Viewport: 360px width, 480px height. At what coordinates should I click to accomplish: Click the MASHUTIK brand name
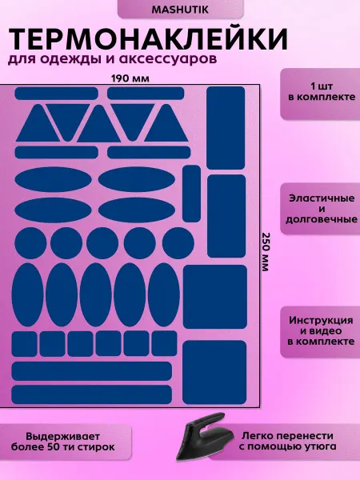tap(180, 10)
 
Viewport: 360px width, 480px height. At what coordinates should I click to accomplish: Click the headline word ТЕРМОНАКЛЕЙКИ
tap(148, 39)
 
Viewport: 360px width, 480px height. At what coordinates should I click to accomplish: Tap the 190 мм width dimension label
tap(130, 78)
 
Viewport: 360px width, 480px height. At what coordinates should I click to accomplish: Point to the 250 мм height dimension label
tap(265, 252)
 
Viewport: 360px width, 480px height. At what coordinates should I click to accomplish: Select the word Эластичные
tap(322, 198)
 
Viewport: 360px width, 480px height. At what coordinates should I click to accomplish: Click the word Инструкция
tap(321, 320)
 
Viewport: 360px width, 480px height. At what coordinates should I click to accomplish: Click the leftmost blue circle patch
tap(30, 244)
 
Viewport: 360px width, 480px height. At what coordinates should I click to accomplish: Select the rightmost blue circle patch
tap(178, 244)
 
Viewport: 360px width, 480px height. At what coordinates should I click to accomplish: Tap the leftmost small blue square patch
tap(25, 344)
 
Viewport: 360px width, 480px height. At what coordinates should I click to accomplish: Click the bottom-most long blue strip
tap(92, 394)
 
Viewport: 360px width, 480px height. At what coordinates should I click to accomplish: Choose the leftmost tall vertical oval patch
tap(27, 294)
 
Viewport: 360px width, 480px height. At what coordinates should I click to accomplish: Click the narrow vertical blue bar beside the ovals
tap(192, 194)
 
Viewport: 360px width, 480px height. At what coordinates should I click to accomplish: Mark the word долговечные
tap(322, 219)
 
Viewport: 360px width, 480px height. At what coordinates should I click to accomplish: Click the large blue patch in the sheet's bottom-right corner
tap(214, 373)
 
